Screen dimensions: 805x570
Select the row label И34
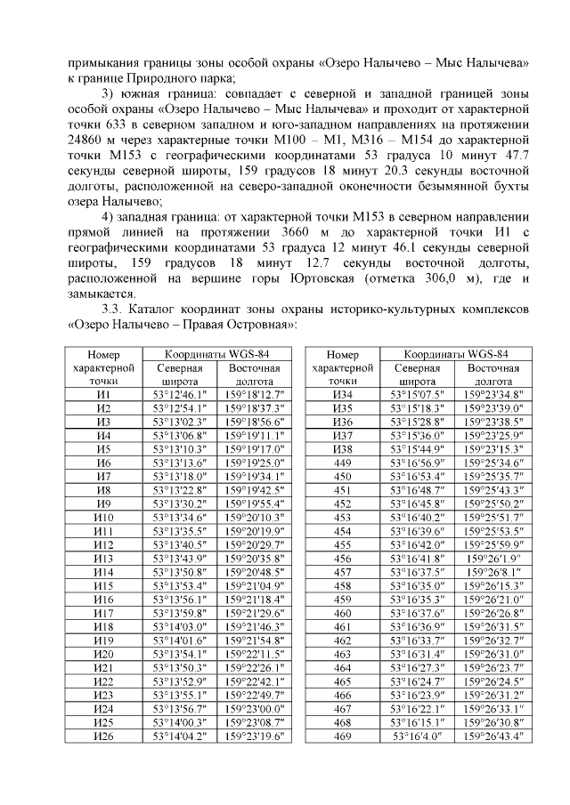(342, 394)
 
